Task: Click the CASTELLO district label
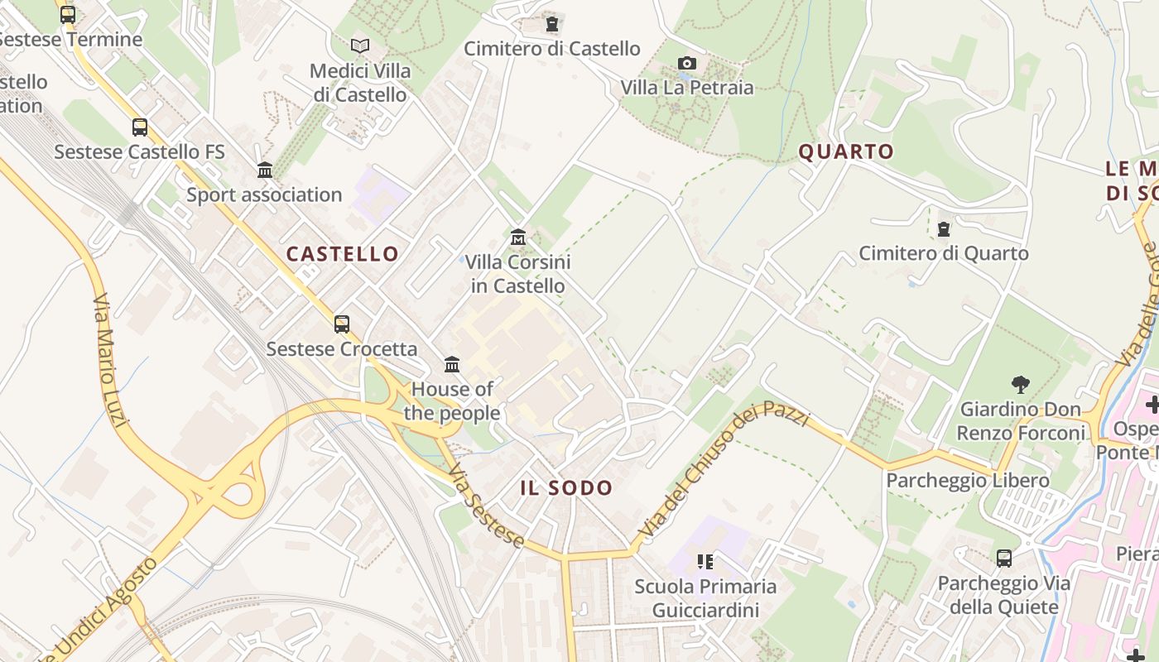pyautogui.click(x=343, y=254)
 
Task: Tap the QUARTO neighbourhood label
pyautogui.click(x=846, y=151)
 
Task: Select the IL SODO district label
pyautogui.click(x=566, y=488)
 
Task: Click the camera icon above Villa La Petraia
pyautogui.click(x=686, y=64)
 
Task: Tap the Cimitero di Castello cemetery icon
pyautogui.click(x=552, y=25)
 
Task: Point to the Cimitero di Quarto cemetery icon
pyautogui.click(x=943, y=229)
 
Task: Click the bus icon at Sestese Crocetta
pyautogui.click(x=342, y=324)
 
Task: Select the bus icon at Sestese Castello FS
pyautogui.click(x=140, y=127)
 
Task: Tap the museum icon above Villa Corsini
pyautogui.click(x=518, y=237)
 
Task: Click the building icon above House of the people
pyautogui.click(x=452, y=364)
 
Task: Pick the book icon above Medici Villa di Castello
pyautogui.click(x=359, y=46)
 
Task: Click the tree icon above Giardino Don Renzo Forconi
pyautogui.click(x=1020, y=384)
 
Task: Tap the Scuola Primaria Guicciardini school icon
pyautogui.click(x=705, y=563)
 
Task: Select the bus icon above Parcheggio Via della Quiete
pyautogui.click(x=1004, y=559)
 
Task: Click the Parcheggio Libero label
pyautogui.click(x=968, y=481)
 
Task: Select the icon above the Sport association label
pyautogui.click(x=265, y=170)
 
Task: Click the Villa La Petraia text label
pyautogui.click(x=687, y=88)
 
